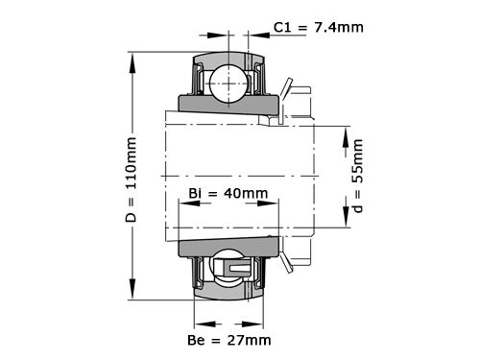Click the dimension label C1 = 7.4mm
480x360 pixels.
pos(318,27)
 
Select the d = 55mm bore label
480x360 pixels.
pos(358,179)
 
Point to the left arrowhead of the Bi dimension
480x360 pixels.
pos(182,204)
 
